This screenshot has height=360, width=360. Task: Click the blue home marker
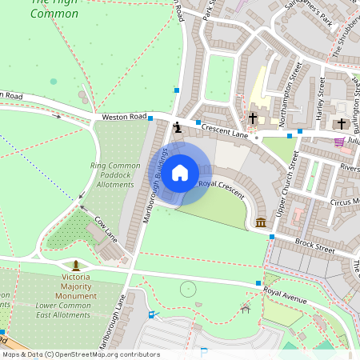pyautogui.click(x=180, y=172)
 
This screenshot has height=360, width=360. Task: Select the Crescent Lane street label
pyautogui.click(x=226, y=130)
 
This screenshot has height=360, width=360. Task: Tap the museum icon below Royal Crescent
pyautogui.click(x=261, y=222)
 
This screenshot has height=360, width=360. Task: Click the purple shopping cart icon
pyautogui.click(x=339, y=142)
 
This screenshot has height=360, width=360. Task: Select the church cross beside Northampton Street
pyautogui.click(x=253, y=118)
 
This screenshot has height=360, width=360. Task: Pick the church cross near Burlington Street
pyautogui.click(x=342, y=124)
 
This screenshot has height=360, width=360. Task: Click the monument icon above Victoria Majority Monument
pyautogui.click(x=75, y=265)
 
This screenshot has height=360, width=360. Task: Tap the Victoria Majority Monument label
pyautogui.click(x=76, y=286)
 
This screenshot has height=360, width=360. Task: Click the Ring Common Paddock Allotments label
pyautogui.click(x=114, y=175)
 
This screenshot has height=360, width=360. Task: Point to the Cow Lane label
pyautogui.click(x=106, y=228)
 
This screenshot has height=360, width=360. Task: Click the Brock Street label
pyautogui.click(x=314, y=245)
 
